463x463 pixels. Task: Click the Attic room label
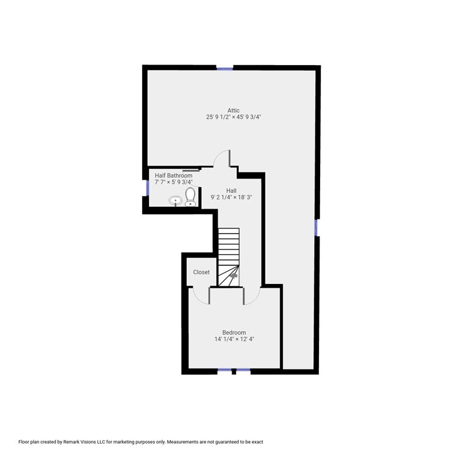(233, 110)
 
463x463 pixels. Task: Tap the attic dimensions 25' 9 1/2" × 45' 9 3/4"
(233, 118)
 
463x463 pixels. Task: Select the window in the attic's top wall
(224, 68)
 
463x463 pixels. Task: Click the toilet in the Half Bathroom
(190, 196)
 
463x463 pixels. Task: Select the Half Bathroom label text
(174, 175)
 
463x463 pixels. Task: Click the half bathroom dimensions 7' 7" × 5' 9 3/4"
(174, 182)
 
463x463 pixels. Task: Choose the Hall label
(231, 191)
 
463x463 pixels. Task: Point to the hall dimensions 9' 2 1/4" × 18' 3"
(231, 197)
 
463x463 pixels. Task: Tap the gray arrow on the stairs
(233, 275)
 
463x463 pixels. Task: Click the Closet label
(201, 272)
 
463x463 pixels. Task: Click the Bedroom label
(234, 332)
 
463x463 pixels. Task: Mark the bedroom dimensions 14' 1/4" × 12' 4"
(234, 339)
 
